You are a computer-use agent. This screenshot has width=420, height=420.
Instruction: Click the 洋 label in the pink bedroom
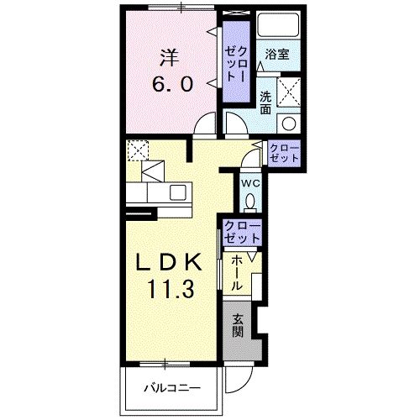169,58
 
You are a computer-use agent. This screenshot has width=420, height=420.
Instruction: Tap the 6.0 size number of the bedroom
172,84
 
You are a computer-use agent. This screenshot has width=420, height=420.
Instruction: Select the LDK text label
169,262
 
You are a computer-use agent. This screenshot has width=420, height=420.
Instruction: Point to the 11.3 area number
171,289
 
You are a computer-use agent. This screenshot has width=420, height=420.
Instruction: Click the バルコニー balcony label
172,388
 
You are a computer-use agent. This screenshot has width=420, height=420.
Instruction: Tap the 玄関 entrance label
238,326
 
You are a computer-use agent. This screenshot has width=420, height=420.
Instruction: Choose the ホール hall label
236,274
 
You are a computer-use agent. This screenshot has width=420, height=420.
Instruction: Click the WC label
250,184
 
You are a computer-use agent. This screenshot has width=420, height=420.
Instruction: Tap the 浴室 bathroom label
277,55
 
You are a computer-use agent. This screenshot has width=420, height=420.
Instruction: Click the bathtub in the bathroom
278,24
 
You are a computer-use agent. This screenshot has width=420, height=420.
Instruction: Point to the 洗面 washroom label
265,102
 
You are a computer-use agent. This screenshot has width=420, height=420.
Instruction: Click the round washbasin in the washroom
289,123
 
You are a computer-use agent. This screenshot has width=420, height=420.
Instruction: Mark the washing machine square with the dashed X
289,92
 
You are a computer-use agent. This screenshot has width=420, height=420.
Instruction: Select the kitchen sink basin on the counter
178,192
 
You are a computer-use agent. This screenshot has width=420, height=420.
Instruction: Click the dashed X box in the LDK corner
138,150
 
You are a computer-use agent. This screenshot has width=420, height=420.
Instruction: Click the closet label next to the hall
243,232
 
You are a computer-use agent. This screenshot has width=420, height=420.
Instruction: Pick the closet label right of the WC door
284,154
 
